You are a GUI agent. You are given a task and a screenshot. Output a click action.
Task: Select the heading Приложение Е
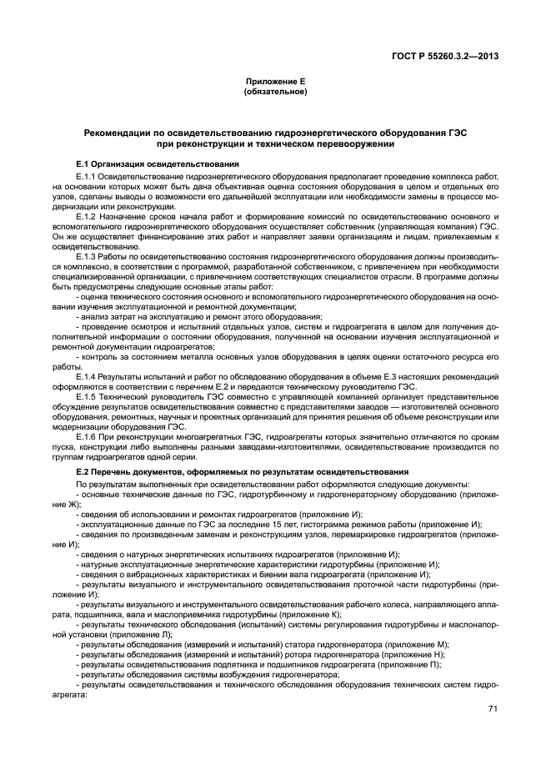pyautogui.click(x=274, y=82)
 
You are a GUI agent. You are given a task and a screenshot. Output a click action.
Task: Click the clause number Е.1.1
pyautogui.click(x=87, y=177)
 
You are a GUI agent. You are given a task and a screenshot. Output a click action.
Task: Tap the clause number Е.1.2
pyautogui.click(x=87, y=216)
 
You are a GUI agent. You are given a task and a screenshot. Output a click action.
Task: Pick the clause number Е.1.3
pyautogui.click(x=87, y=255)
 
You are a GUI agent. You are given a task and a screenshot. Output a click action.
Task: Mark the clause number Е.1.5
pyautogui.click(x=87, y=397)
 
